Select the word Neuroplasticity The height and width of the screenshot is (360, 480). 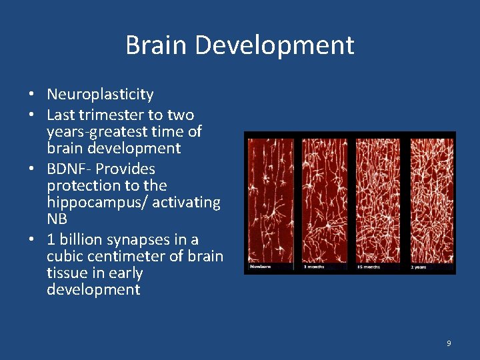(100, 95)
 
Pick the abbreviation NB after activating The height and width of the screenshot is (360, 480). (57, 219)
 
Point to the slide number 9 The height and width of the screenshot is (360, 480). (449, 343)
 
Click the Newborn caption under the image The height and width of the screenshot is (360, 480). (261, 267)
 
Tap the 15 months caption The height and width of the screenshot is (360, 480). (369, 267)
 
